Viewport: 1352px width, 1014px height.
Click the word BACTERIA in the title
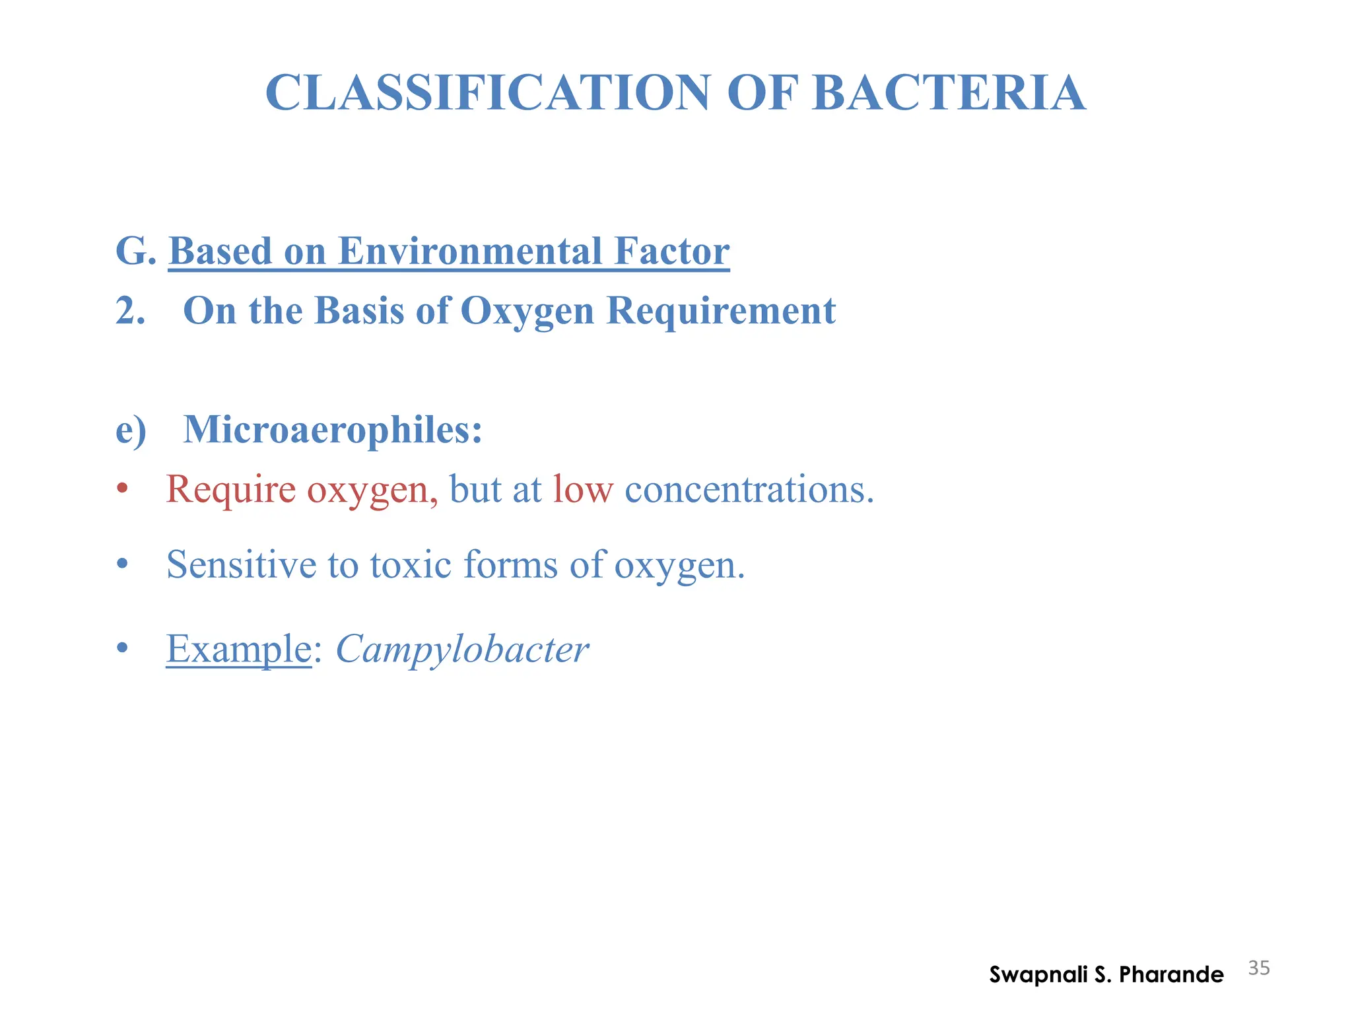pyautogui.click(x=949, y=93)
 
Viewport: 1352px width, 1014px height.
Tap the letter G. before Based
pyautogui.click(x=135, y=252)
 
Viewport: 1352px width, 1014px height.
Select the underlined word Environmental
pyautogui.click(x=470, y=252)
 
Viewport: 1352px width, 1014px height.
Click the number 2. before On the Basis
pyautogui.click(x=130, y=311)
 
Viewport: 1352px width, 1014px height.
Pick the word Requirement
pyautogui.click(x=721, y=311)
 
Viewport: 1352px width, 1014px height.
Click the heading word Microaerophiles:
pyautogui.click(x=333, y=430)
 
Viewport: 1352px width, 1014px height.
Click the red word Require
pyautogui.click(x=230, y=490)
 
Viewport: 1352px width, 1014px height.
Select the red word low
pyautogui.click(x=583, y=490)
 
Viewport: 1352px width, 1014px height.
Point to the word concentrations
pyautogui.click(x=749, y=490)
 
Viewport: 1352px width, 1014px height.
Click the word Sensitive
pyautogui.click(x=242, y=565)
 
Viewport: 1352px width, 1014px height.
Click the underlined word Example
pyautogui.click(x=238, y=649)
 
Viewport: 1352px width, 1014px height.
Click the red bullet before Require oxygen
pyautogui.click(x=121, y=490)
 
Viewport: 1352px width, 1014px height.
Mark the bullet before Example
pyautogui.click(x=121, y=648)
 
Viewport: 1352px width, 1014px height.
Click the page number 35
pyautogui.click(x=1259, y=968)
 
